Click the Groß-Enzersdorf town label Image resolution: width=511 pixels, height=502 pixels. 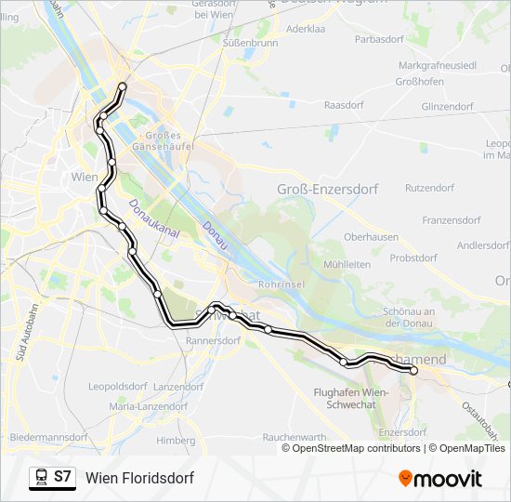328,189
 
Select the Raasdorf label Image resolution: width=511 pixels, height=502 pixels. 343,106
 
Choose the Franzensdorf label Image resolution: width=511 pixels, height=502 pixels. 451,220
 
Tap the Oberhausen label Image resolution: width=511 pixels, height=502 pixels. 371,237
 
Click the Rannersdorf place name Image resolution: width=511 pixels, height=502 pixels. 215,341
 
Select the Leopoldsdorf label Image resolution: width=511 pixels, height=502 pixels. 118,386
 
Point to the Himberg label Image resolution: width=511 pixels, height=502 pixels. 176,440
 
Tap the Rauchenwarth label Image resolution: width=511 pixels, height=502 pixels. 294,436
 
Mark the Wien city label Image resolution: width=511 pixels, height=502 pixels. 85,176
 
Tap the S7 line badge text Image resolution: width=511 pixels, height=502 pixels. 62,477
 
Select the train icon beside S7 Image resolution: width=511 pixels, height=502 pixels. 41,478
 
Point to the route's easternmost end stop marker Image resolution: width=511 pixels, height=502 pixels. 413,371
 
